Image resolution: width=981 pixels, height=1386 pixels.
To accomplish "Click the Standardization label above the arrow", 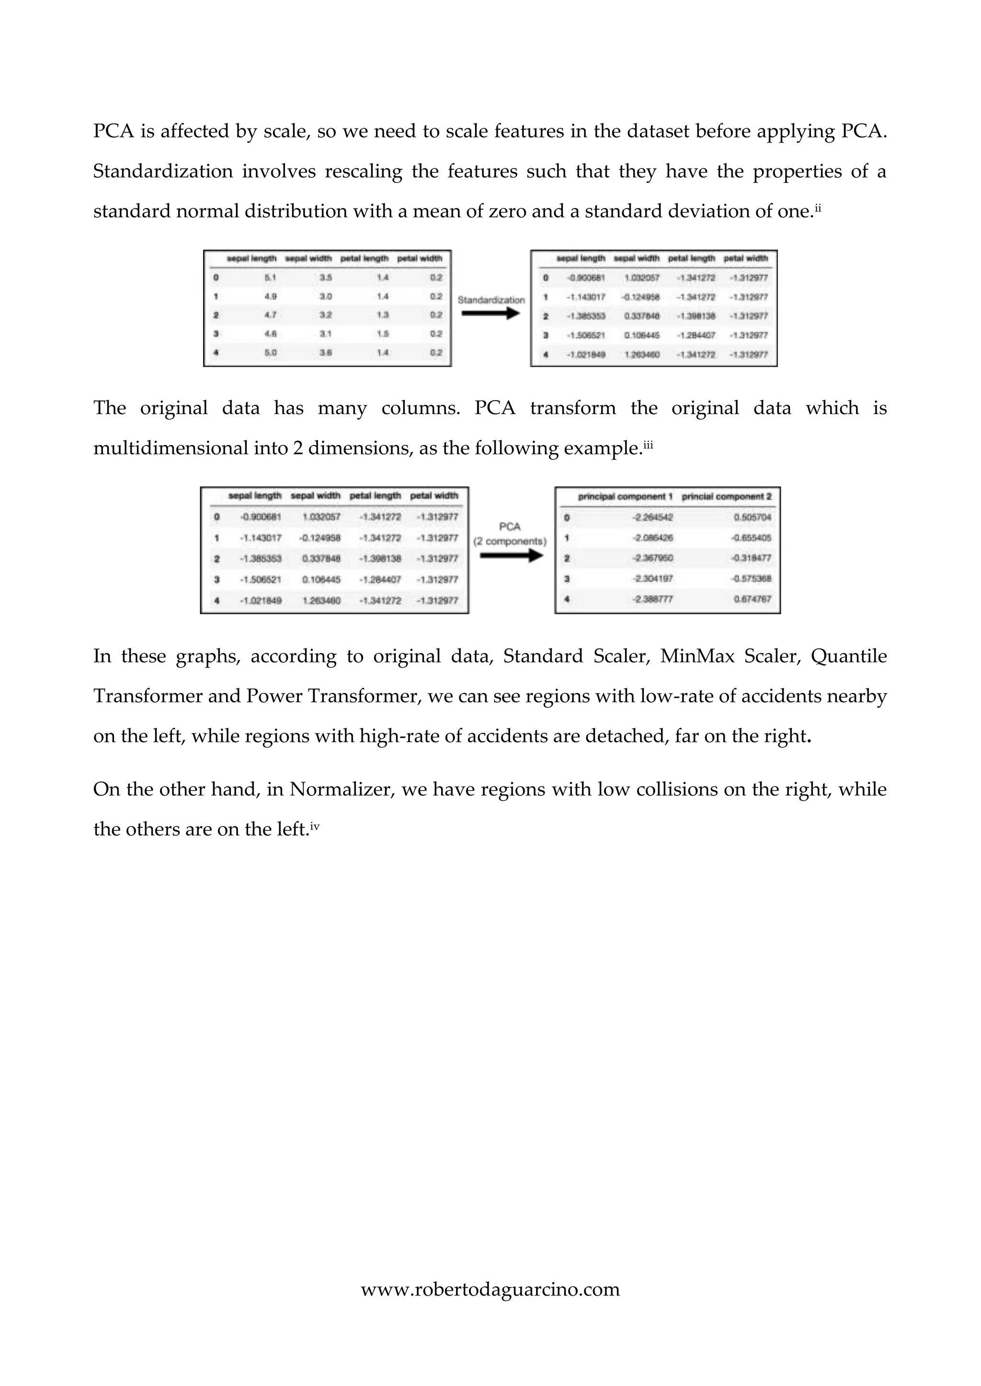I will (x=490, y=300).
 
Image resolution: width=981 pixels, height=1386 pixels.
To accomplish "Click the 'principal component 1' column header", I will (x=625, y=496).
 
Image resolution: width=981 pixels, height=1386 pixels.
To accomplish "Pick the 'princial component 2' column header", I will (x=726, y=496).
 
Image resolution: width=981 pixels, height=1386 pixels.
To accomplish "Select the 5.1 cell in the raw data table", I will (x=270, y=278).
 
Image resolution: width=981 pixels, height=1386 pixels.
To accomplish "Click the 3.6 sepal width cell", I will (x=326, y=353).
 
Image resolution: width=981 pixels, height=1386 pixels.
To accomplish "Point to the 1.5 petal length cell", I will (x=382, y=334).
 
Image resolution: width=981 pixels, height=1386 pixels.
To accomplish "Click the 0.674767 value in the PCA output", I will (x=752, y=599).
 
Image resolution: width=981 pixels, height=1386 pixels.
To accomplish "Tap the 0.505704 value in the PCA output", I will (x=752, y=517).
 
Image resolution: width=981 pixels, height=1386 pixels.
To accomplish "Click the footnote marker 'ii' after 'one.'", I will (x=818, y=208).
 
